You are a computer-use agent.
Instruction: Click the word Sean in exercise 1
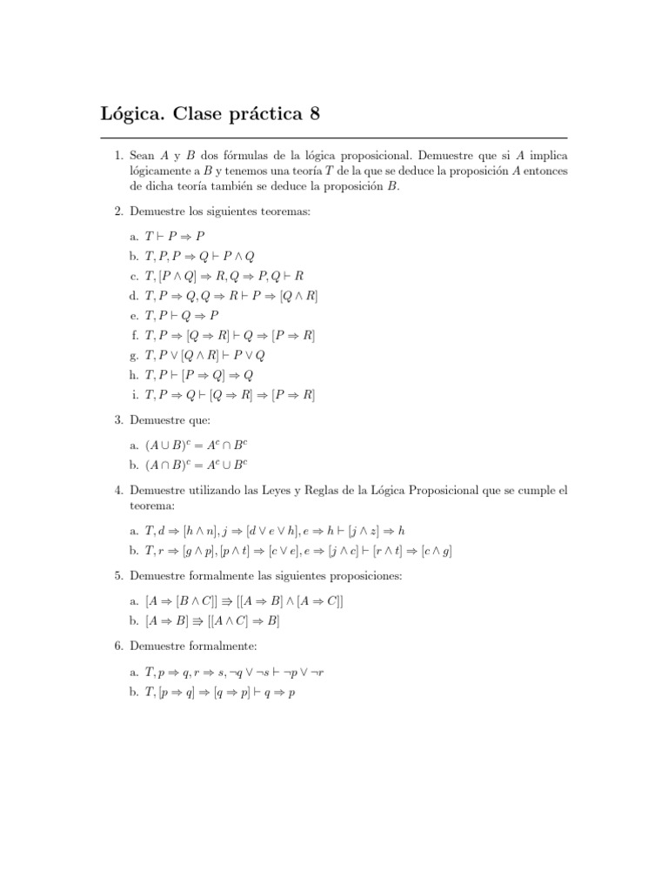[143, 155]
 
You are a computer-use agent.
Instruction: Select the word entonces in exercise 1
[546, 171]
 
